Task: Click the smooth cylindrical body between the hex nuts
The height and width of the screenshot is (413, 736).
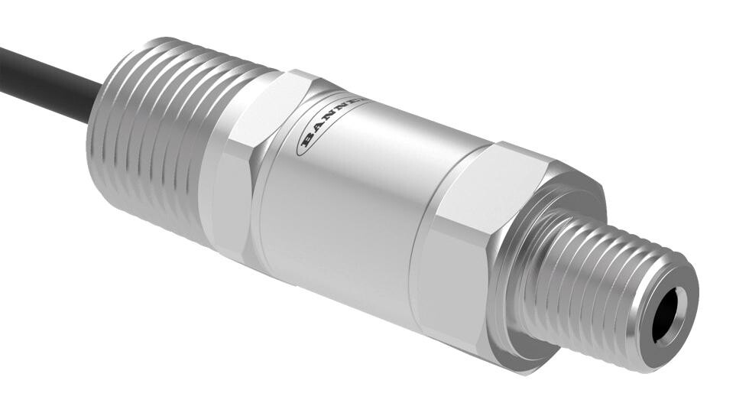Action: click(x=352, y=206)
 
